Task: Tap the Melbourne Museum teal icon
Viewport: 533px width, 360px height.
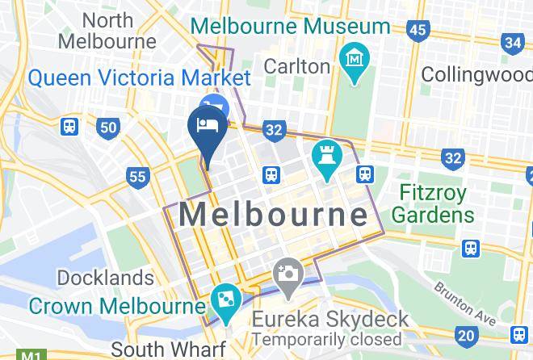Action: (355, 60)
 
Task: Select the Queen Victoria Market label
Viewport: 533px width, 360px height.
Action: (138, 78)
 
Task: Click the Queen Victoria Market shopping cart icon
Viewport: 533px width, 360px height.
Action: (216, 105)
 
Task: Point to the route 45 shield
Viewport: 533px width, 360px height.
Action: (418, 30)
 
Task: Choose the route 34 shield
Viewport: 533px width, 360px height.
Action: (513, 42)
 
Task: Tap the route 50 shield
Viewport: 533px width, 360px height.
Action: (107, 127)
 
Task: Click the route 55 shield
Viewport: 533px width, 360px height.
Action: (138, 176)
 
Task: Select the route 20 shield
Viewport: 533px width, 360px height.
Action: (465, 335)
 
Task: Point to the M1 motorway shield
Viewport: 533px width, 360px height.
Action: (31, 354)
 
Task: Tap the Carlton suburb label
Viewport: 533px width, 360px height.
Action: (297, 65)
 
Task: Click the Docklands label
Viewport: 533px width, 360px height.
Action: (105, 278)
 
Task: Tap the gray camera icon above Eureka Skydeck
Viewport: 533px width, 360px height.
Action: (287, 272)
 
